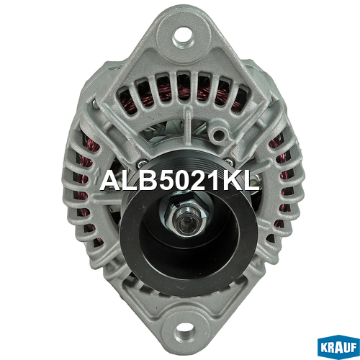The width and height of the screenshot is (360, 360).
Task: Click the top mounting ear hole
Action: coord(183,37)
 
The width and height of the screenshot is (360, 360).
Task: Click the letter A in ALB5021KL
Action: coord(112,181)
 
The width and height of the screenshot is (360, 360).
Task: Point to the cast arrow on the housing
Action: coord(97,174)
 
